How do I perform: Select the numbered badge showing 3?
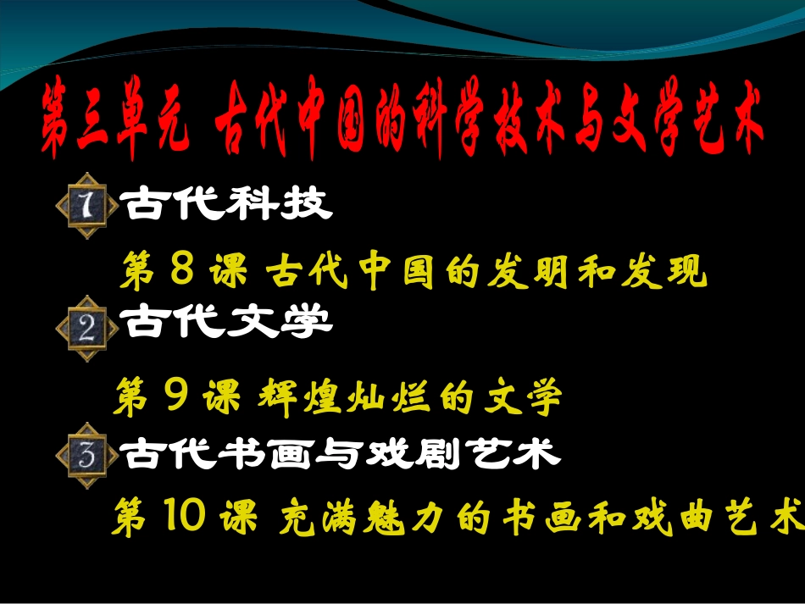pos(87,456)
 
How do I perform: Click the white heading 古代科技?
pos(227,203)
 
